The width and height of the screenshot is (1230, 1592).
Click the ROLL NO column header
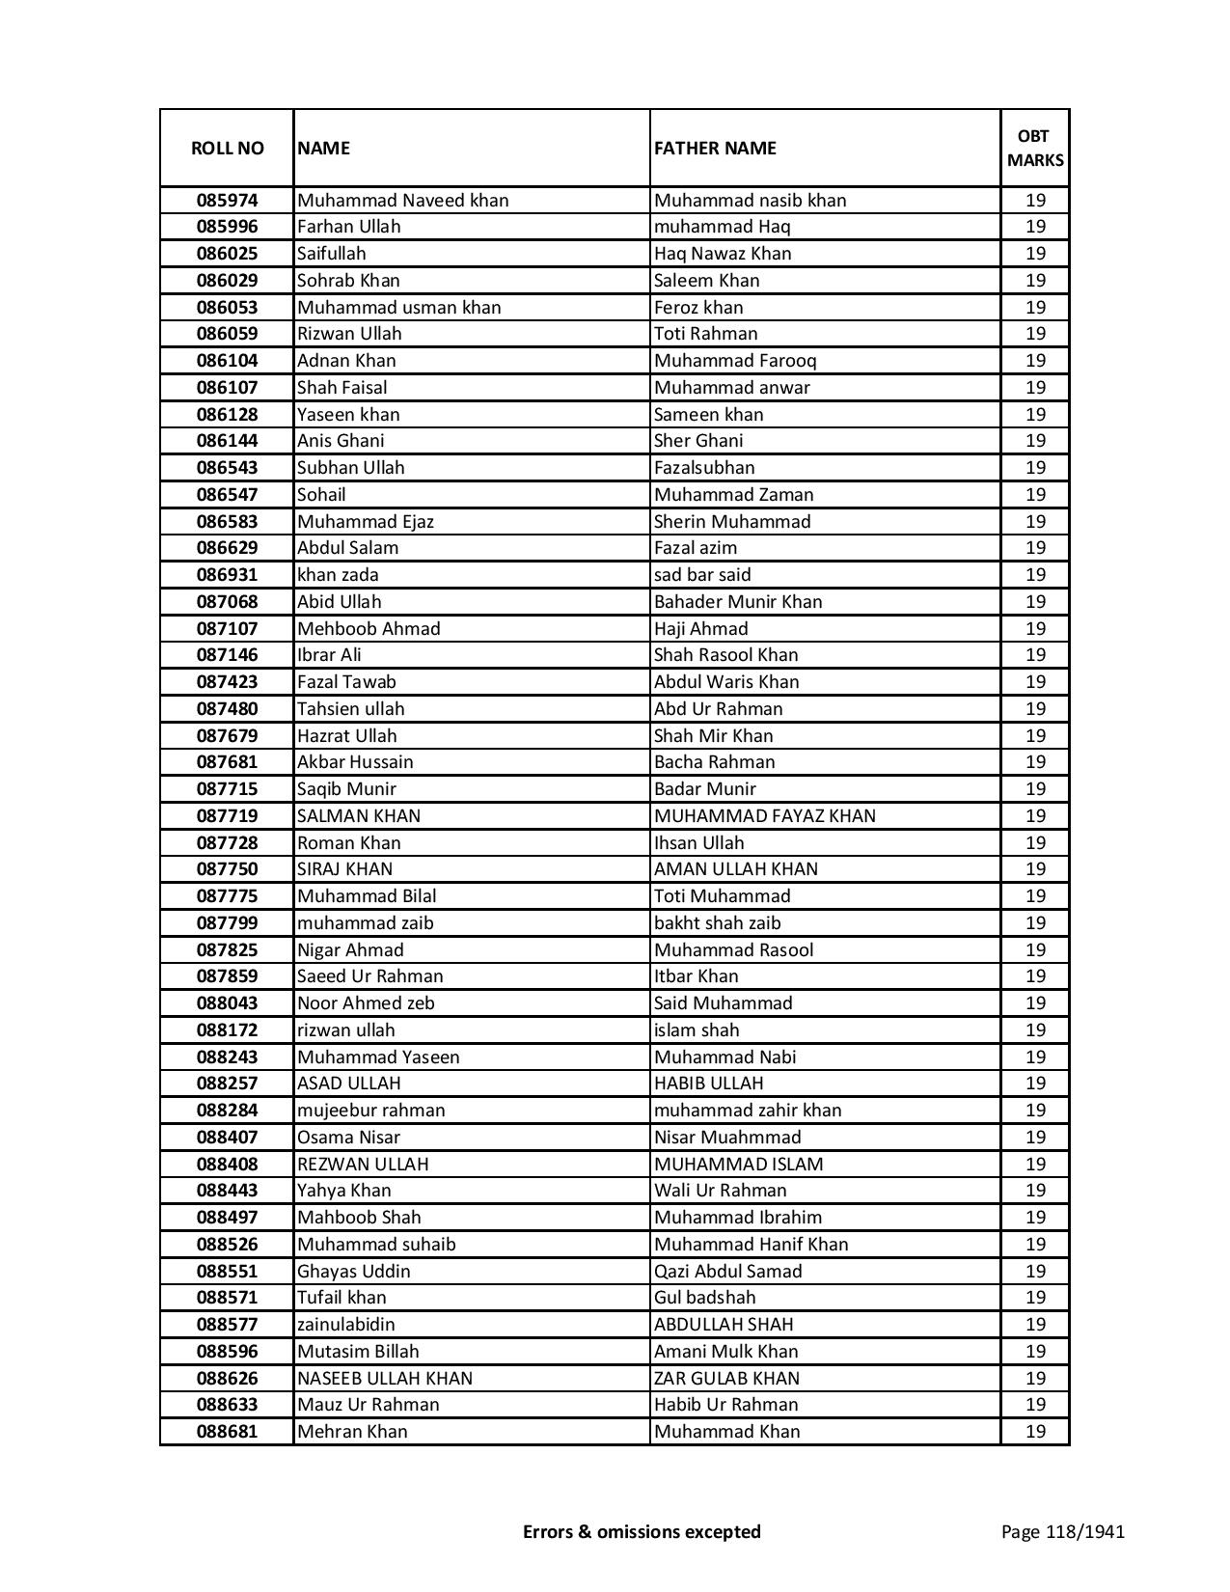click(x=227, y=149)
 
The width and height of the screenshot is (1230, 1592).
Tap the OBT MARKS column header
click(x=1035, y=149)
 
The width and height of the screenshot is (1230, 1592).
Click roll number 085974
click(x=227, y=201)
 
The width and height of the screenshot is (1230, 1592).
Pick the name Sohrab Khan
click(x=348, y=281)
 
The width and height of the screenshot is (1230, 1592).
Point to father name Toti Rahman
click(x=705, y=334)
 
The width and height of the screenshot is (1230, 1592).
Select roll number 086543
click(x=227, y=468)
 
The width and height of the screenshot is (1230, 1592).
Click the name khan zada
click(x=338, y=575)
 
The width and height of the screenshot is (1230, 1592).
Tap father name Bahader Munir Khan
click(x=738, y=602)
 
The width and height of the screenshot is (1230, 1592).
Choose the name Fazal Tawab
click(x=346, y=682)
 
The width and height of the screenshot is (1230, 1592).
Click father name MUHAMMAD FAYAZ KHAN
click(x=765, y=816)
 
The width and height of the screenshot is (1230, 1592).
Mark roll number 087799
click(x=227, y=923)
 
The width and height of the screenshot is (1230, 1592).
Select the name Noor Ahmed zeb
click(x=366, y=1003)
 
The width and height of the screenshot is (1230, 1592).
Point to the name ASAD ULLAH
click(x=348, y=1084)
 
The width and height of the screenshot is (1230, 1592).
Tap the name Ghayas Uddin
click(x=353, y=1272)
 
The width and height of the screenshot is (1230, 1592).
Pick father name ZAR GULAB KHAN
click(x=726, y=1379)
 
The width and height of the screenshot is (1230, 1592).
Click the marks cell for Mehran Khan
click(x=1035, y=1432)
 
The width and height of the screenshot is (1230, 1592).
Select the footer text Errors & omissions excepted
click(x=642, y=1532)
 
